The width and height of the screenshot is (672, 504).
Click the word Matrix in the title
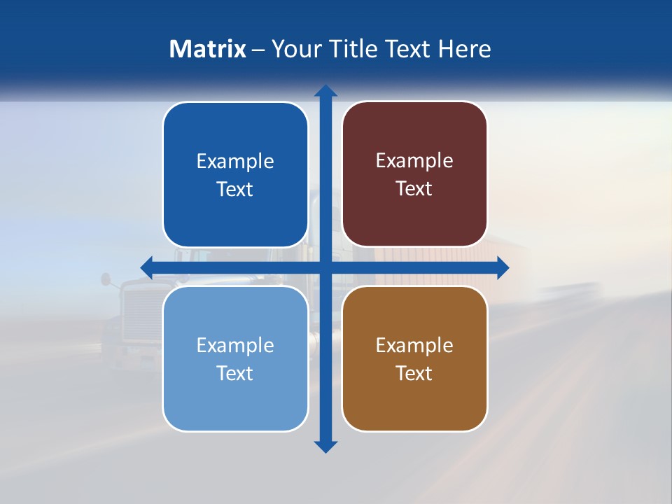point(207,49)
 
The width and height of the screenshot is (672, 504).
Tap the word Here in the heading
point(464,49)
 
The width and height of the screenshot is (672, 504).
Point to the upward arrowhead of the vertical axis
point(325,91)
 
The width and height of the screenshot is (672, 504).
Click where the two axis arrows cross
point(325,267)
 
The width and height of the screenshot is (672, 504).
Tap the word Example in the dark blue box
point(235,161)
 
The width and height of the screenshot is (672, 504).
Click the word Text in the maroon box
point(414,188)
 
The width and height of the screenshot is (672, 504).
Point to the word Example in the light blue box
point(235,345)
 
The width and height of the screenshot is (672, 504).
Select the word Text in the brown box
point(414,373)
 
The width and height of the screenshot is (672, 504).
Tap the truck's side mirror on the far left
point(105,279)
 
